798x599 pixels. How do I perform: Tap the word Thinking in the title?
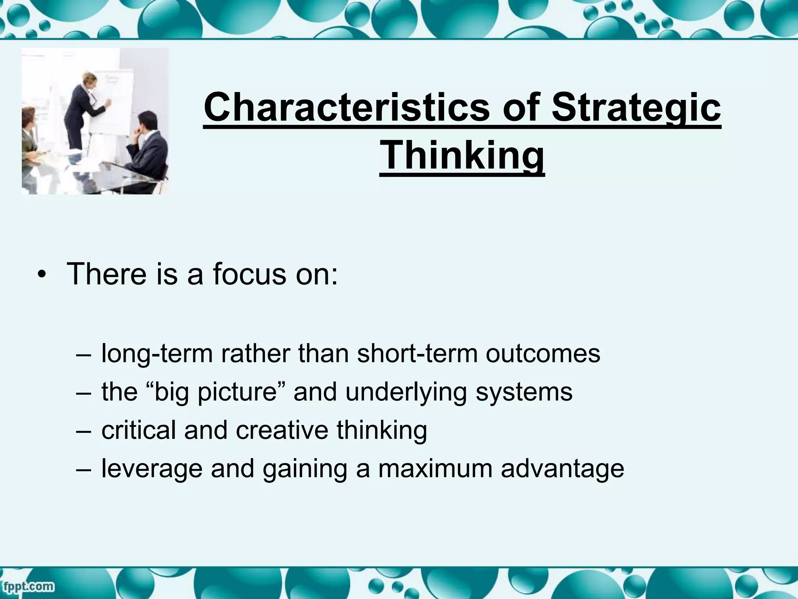tap(462, 155)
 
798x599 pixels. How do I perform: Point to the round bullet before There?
tap(42, 276)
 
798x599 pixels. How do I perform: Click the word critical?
tap(139, 430)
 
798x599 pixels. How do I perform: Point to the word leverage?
tap(152, 468)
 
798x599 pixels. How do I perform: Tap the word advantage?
tap(562, 468)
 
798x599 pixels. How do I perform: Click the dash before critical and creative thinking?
tap(83, 430)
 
